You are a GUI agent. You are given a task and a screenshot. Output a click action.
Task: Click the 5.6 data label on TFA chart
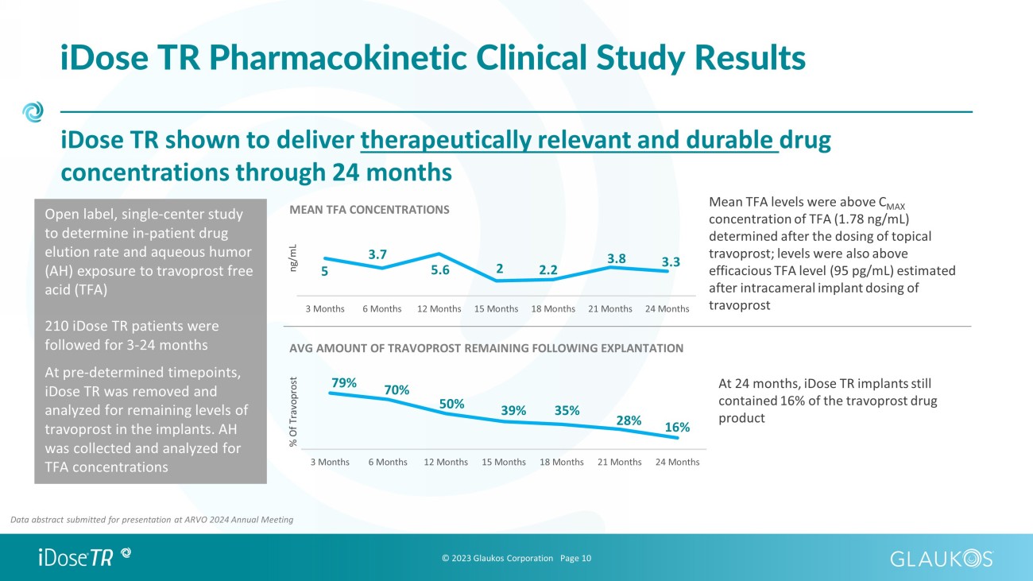[x=440, y=269]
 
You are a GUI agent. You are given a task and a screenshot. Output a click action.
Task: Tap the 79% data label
[x=344, y=383]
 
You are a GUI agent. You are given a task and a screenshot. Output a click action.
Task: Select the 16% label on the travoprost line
[x=677, y=427]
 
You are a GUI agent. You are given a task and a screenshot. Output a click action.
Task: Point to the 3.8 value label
[x=617, y=258]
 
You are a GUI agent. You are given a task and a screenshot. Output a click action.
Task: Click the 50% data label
[x=451, y=404]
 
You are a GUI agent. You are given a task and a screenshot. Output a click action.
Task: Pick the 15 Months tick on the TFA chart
[x=496, y=309]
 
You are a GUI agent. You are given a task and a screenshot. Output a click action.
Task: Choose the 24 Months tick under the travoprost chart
[x=678, y=462]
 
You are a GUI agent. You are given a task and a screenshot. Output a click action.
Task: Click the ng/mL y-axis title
[x=292, y=258]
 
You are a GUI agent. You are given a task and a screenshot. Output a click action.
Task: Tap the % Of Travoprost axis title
[x=293, y=412]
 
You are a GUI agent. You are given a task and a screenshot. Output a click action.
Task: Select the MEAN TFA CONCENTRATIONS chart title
[x=369, y=210]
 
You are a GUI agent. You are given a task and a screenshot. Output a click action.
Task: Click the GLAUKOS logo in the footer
[x=942, y=559]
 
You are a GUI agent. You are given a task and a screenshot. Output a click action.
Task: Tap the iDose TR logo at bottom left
[x=85, y=557]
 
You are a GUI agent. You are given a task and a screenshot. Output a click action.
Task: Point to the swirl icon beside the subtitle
[x=33, y=112]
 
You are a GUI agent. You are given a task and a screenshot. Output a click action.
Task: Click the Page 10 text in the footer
[x=575, y=559]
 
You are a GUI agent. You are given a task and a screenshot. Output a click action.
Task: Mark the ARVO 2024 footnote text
[x=152, y=520]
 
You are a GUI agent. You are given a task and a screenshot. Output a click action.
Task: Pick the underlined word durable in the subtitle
[x=729, y=140]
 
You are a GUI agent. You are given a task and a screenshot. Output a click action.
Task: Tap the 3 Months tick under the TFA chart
[x=325, y=309]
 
